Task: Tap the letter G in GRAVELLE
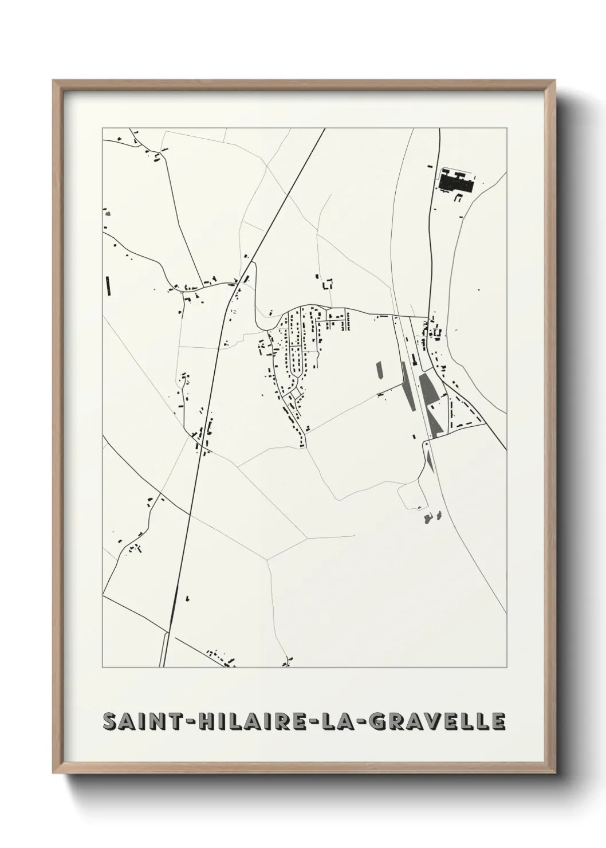click(x=368, y=721)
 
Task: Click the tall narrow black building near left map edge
click(x=107, y=285)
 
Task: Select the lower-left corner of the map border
click(x=103, y=668)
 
